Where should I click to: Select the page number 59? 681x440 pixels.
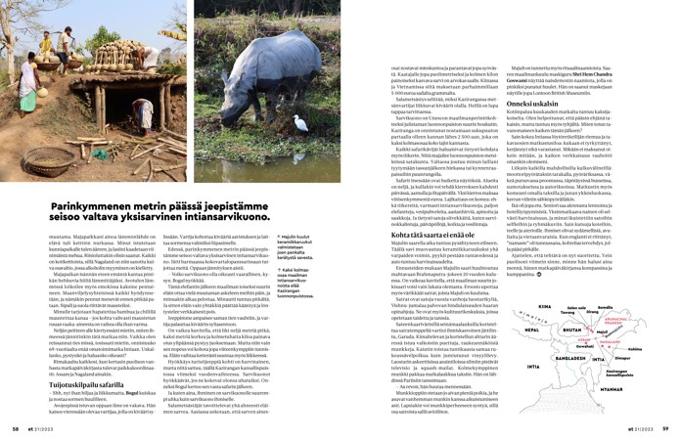coord(665,427)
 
